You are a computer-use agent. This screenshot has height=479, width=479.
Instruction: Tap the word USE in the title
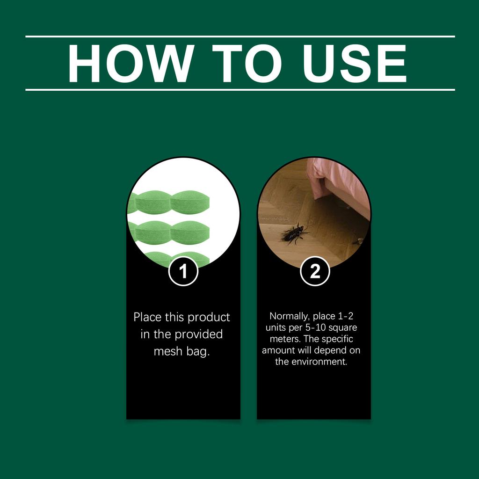[x=355, y=64]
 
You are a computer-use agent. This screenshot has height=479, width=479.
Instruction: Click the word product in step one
[x=209, y=317]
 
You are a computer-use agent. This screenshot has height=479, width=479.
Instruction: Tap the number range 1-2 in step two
[x=349, y=316]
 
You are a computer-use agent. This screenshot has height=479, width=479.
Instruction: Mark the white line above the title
[x=239, y=36]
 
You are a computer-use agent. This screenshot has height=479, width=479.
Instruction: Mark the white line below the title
[x=239, y=89]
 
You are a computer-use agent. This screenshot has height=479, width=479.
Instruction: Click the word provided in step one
[x=199, y=334]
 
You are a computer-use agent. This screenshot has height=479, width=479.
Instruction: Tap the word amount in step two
[x=278, y=350]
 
